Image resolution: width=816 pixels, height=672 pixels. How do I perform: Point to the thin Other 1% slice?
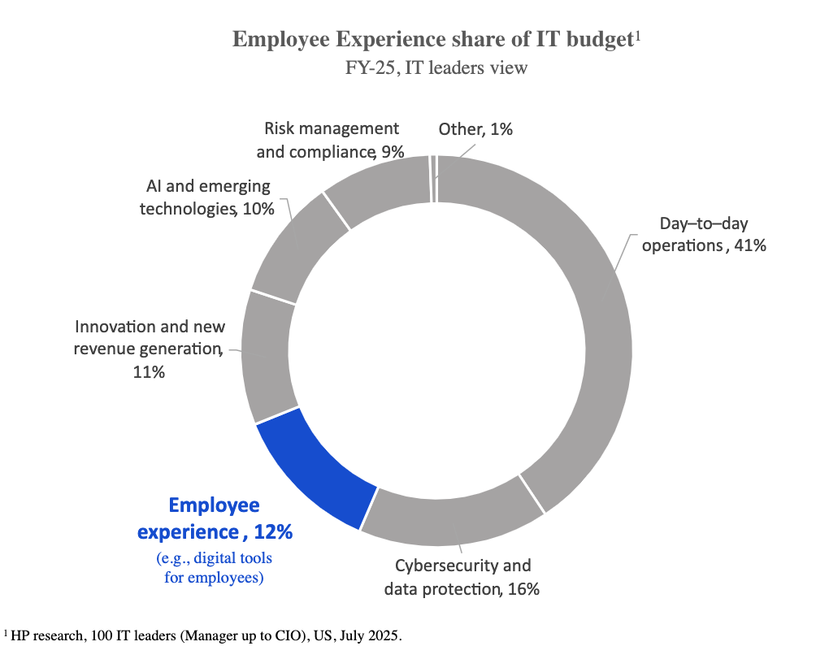point(434,178)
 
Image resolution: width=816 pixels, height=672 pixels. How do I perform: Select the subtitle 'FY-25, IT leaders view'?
point(436,67)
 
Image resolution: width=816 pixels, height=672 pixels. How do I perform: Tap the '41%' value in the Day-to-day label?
point(748,245)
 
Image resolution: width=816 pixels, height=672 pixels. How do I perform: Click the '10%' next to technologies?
point(257,209)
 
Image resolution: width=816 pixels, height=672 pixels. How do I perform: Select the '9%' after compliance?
point(392,151)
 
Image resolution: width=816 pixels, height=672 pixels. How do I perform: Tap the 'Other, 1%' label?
point(475,128)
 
